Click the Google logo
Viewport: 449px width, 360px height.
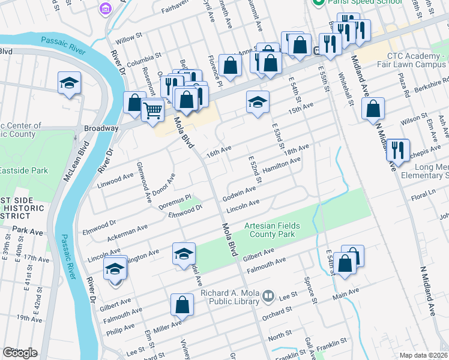20,353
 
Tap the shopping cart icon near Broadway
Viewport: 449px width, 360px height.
153,110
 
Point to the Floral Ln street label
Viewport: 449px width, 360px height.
435,197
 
